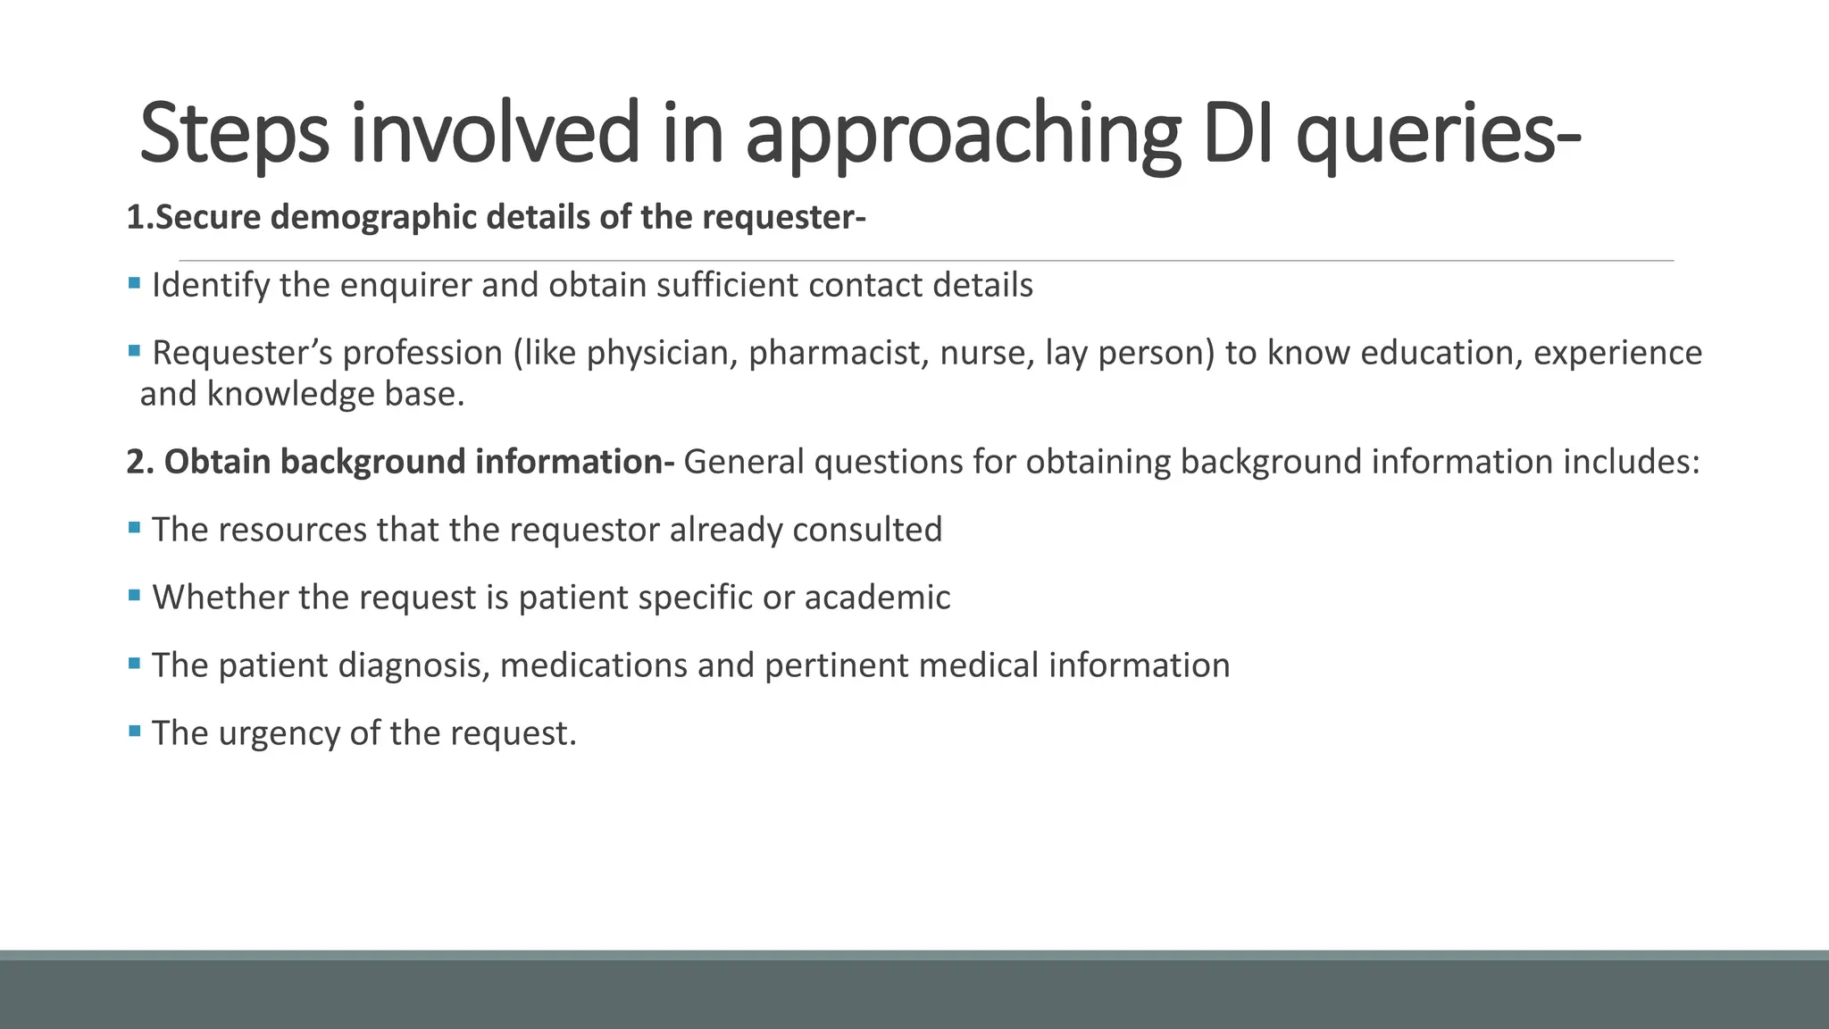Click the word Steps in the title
(234, 134)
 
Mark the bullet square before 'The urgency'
(135, 732)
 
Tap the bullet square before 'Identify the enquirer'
(135, 284)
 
